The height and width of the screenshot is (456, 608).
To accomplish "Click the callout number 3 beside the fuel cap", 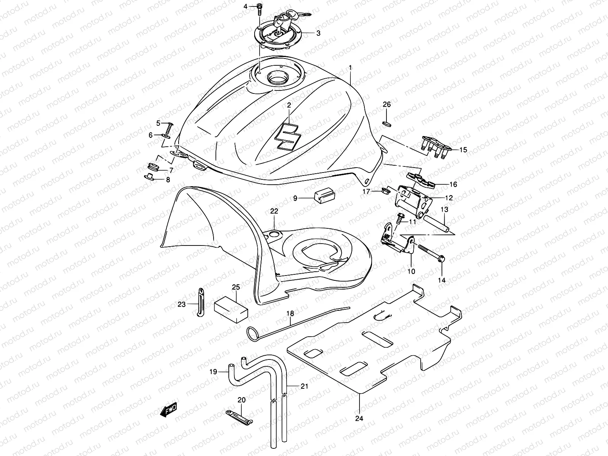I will pos(318,33).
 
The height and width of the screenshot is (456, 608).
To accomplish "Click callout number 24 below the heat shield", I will pos(359,418).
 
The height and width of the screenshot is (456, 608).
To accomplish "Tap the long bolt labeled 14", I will pos(432,253).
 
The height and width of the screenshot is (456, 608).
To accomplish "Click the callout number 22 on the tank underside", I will pos(274,211).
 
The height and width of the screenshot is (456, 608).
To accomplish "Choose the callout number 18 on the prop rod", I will pos(290,313).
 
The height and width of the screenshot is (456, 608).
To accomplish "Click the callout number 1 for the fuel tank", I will pos(350,67).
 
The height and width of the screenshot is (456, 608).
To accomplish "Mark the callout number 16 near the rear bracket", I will pos(453,185).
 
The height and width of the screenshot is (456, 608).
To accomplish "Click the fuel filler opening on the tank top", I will pos(280,79).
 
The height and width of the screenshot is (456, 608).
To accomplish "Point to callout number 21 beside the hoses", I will pos(304,386).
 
